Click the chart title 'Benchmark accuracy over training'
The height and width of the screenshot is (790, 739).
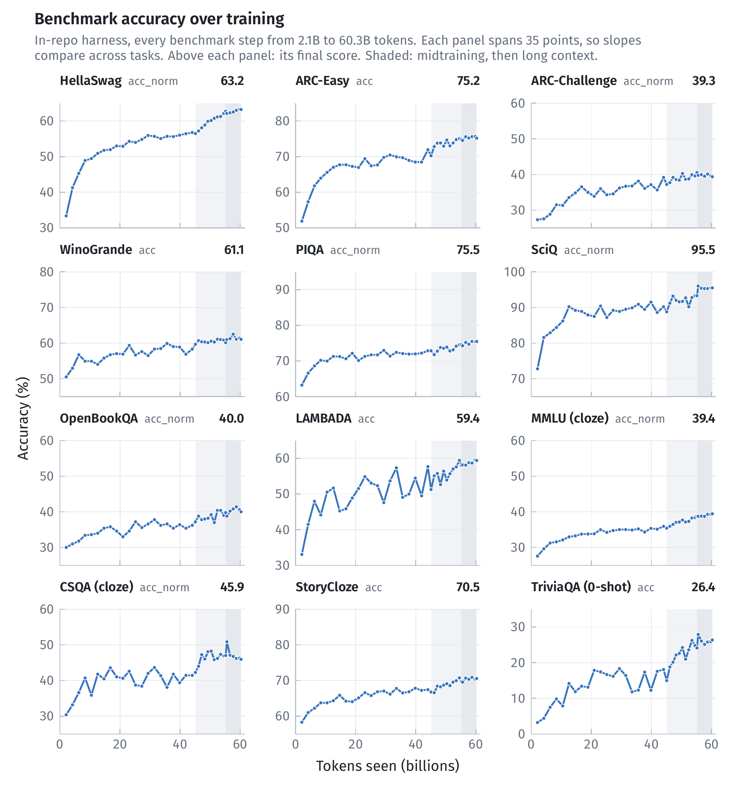(x=159, y=19)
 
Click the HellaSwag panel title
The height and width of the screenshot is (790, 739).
(x=91, y=81)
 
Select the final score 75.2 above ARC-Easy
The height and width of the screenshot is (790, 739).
(x=468, y=81)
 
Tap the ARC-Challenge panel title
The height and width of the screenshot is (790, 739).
(x=574, y=81)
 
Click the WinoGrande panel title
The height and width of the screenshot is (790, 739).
(x=96, y=250)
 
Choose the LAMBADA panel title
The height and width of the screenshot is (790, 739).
(x=324, y=418)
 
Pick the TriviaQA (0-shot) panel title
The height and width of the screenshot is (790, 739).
(x=581, y=587)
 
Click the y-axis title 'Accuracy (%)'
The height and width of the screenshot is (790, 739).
(x=23, y=418)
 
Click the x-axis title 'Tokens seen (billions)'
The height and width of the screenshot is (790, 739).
(x=387, y=765)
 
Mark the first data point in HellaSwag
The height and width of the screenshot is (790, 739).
(x=67, y=216)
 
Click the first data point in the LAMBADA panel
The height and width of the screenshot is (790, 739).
(x=302, y=554)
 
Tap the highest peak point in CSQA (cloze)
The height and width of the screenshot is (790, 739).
(x=227, y=642)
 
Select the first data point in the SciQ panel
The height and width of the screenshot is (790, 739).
(x=538, y=369)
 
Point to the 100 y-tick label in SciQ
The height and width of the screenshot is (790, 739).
(x=514, y=272)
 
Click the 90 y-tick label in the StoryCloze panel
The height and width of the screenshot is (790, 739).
(x=282, y=609)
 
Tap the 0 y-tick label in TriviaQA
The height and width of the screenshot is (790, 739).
(x=521, y=734)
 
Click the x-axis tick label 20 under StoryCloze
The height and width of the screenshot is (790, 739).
(x=355, y=744)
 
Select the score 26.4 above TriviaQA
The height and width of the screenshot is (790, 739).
(x=703, y=587)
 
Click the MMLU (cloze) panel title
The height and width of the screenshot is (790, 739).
(x=570, y=418)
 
